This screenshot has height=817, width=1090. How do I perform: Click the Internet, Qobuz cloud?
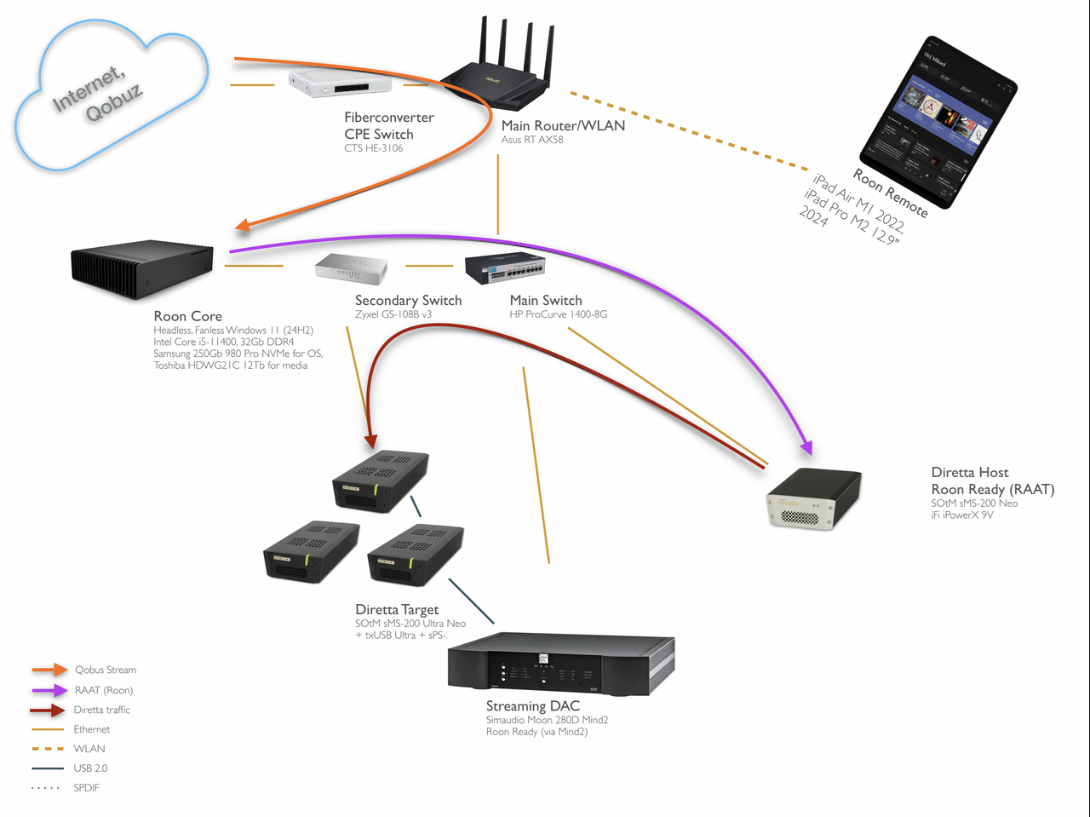pos(111,94)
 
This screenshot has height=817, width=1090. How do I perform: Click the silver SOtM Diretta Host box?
pos(813,498)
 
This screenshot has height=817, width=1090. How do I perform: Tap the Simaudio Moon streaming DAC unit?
pos(561,663)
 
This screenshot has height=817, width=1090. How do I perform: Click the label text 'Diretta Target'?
pos(397,609)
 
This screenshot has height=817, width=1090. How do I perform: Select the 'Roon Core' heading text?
pos(187,316)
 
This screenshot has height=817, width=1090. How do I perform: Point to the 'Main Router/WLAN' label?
pos(563,125)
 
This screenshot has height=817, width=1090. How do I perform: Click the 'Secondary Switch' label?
pos(408,300)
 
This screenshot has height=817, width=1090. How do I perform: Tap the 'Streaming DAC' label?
pos(532,705)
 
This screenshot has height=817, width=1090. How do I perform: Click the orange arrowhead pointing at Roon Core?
pos(243,225)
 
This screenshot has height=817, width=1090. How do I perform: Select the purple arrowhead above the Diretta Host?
pos(806,447)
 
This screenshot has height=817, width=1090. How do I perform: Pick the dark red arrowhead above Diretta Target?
pos(370,442)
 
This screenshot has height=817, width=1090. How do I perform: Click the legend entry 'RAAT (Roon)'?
pos(104,690)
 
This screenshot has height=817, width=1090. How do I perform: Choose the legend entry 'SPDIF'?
pos(86,788)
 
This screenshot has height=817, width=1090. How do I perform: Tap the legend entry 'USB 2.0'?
pos(90,768)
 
